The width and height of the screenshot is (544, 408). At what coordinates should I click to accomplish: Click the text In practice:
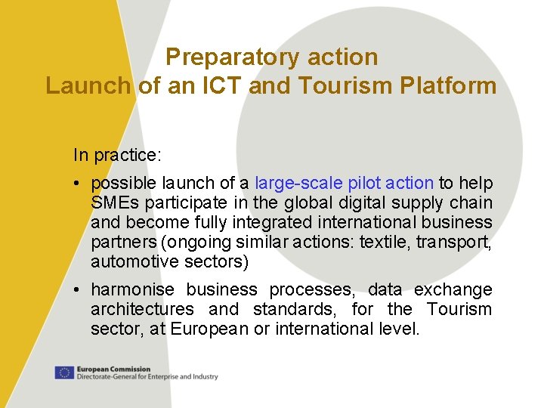pos(117,155)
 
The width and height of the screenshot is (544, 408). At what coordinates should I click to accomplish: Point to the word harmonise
pos(132,289)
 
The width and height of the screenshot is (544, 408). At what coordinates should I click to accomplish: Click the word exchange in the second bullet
pos(451,289)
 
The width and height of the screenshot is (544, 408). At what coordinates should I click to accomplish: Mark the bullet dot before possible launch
pos(79,184)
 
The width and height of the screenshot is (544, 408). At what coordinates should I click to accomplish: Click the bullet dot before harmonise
pos(79,289)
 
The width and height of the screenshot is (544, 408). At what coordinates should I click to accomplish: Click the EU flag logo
pos(63,372)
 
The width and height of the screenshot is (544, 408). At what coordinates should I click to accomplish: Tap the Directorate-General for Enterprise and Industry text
pos(147,376)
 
